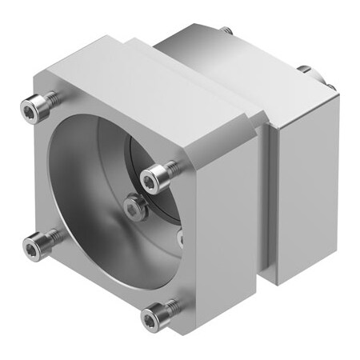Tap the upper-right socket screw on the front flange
[x=150, y=175]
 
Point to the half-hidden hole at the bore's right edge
[x=180, y=238]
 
